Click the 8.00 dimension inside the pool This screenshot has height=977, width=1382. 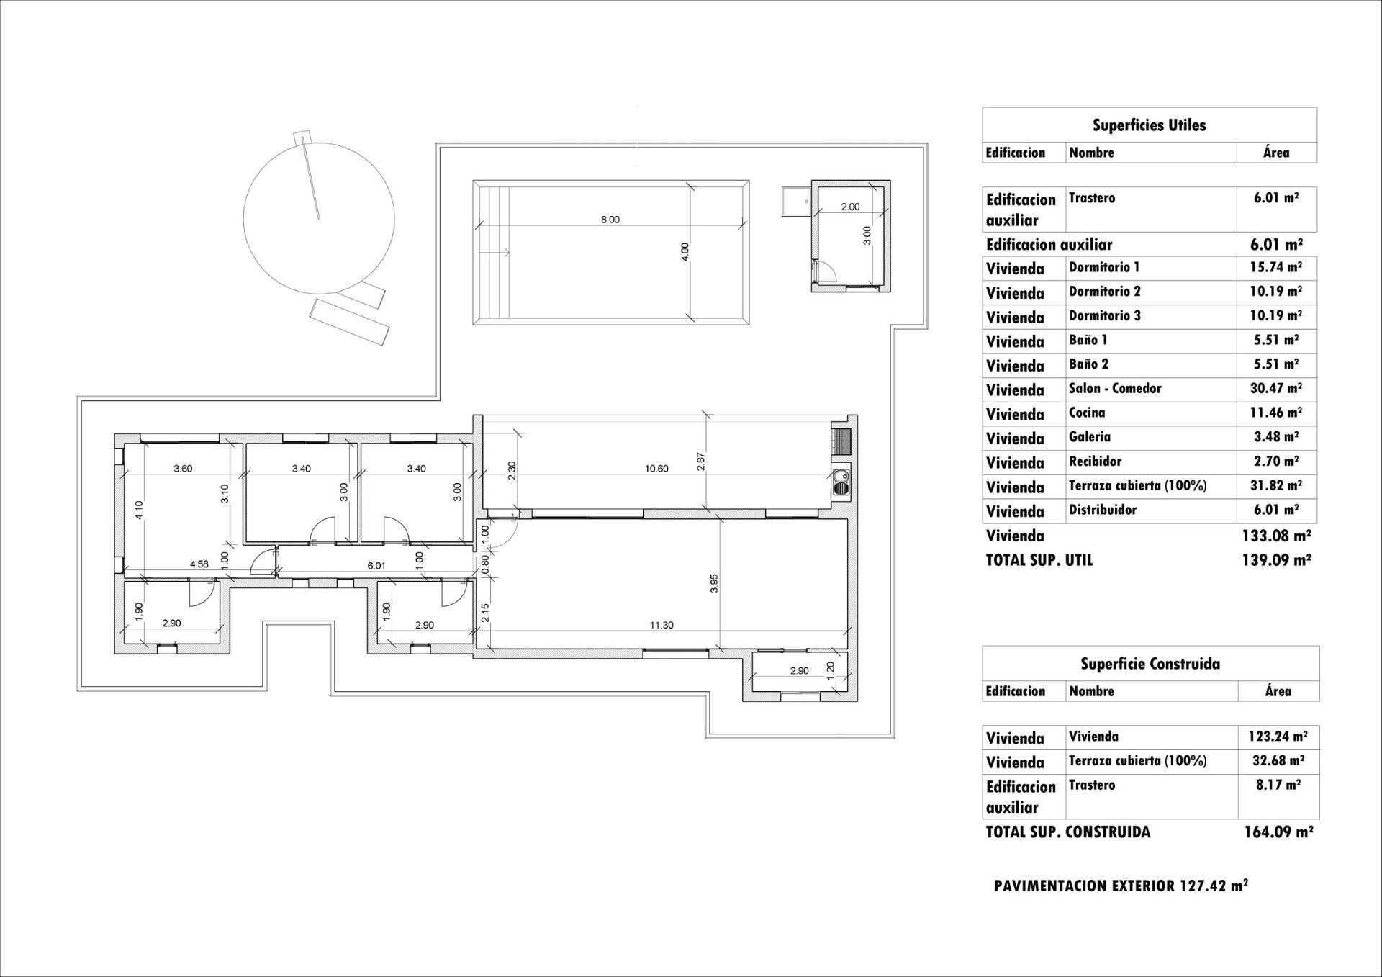[x=610, y=220]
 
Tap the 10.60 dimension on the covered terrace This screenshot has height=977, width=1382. [x=656, y=469]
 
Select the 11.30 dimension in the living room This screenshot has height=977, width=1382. [x=661, y=625]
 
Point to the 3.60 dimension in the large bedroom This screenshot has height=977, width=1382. [x=183, y=469]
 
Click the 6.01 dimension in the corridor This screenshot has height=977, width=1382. [x=376, y=566]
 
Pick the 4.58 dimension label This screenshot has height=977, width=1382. [x=199, y=564]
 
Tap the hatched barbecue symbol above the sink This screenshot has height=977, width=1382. [x=841, y=440]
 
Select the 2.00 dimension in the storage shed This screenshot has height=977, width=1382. [x=850, y=207]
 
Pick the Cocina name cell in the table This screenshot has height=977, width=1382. [x=1087, y=413]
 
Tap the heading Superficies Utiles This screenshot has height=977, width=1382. [x=1149, y=125]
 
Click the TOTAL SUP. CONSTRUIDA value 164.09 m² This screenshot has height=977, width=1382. [x=1278, y=832]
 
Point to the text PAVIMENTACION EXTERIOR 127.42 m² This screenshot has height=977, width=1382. [x=1121, y=886]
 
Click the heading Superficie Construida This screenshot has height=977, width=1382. [x=1150, y=664]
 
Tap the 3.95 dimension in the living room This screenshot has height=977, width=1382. [x=714, y=583]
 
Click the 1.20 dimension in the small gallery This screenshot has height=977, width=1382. [x=830, y=670]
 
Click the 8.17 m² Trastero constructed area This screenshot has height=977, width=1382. [x=1278, y=785]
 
